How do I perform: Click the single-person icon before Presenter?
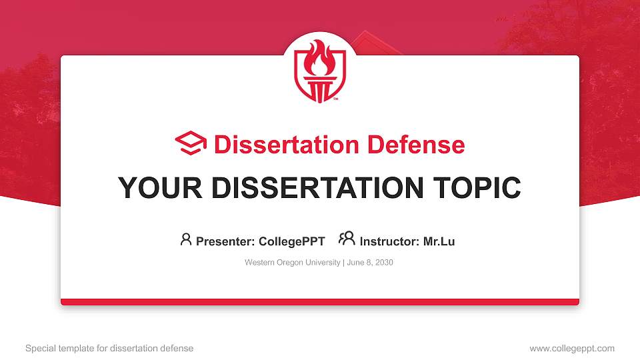(x=186, y=239)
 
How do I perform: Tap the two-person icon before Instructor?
(x=347, y=239)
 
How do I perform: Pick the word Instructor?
(x=389, y=241)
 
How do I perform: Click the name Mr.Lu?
(x=439, y=241)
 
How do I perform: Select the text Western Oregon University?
(x=292, y=263)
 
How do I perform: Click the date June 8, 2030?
(x=370, y=263)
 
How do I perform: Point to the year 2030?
(x=384, y=263)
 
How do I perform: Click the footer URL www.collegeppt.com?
(x=572, y=348)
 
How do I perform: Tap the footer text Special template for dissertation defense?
(x=109, y=348)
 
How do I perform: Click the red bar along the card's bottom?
(x=320, y=302)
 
